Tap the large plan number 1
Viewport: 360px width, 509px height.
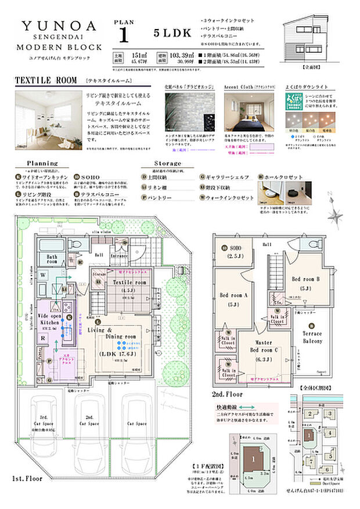pos(123,35)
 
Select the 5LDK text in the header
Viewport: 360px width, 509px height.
pos(172,33)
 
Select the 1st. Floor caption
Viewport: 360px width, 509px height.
pos(27,479)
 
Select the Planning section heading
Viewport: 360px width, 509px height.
pos(42,164)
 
